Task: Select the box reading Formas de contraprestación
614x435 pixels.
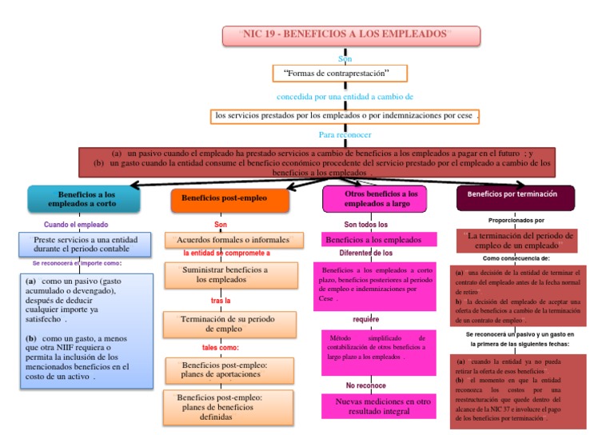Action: point(340,74)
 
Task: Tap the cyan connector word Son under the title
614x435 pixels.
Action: point(345,58)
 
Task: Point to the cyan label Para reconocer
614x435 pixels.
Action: point(345,134)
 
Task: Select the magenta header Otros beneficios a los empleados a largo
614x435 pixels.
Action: point(380,198)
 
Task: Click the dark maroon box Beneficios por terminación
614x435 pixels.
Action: point(515,195)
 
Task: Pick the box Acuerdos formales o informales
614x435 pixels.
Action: point(234,240)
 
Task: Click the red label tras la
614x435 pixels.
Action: point(221,301)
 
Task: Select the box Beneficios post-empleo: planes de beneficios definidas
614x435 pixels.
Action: point(233,406)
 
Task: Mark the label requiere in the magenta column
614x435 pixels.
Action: point(365,319)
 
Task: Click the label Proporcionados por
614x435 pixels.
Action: point(516,219)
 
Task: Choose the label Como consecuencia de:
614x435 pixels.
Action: point(516,258)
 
